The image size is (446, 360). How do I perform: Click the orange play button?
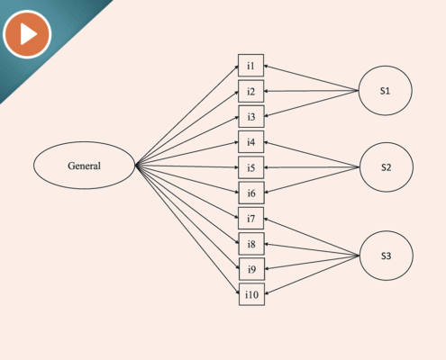click(x=27, y=34)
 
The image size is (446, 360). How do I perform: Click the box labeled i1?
click(x=250, y=66)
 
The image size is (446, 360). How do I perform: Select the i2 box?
click(x=251, y=91)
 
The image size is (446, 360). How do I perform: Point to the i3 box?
click(x=251, y=116)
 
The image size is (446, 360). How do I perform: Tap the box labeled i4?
click(x=251, y=142)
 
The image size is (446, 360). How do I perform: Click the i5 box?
click(x=251, y=167)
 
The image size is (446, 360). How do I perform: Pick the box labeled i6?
click(x=251, y=193)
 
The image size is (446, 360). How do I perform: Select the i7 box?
click(x=251, y=219)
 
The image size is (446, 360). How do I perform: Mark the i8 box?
click(x=251, y=244)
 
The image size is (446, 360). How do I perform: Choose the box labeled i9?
click(x=251, y=269)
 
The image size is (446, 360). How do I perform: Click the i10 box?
click(x=251, y=294)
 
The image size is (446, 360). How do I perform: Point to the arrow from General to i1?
click(x=187, y=115)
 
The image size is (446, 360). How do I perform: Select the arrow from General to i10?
click(x=187, y=229)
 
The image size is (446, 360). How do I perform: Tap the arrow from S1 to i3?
click(x=312, y=103)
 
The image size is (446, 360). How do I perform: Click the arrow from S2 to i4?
click(x=312, y=155)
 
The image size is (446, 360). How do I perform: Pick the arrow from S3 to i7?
click(x=312, y=238)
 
